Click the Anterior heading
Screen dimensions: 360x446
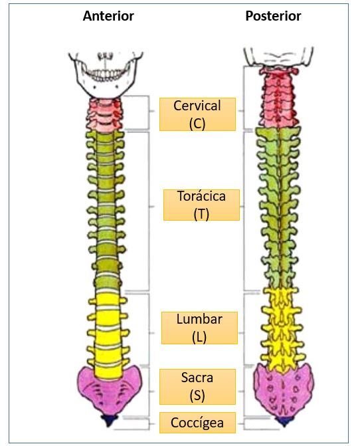pos(108,16)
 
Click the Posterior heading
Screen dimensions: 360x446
pos(273,16)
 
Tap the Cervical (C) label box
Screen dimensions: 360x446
pos(197,114)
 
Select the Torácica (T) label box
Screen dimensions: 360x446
pos(201,205)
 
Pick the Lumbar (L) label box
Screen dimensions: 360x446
pos(199,328)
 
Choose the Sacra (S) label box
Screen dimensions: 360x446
pos(197,387)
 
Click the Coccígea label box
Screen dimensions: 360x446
pos(197,423)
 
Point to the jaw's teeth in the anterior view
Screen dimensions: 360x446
pos(104,74)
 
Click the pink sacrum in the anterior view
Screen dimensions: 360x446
pos(110,391)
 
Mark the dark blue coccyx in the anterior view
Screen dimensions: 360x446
pos(109,420)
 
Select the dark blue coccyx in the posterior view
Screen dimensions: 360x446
pos(284,421)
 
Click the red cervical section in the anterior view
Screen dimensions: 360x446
pos(106,114)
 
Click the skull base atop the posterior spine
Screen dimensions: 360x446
pos(278,58)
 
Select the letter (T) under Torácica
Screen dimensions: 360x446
pos(201,214)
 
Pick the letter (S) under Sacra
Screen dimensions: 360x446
pos(197,395)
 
